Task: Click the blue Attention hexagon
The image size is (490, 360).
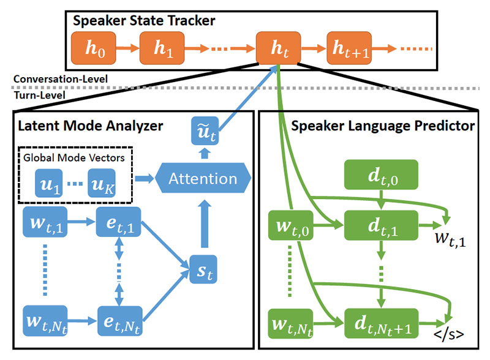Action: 203,179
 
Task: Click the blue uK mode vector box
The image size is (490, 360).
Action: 102,184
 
